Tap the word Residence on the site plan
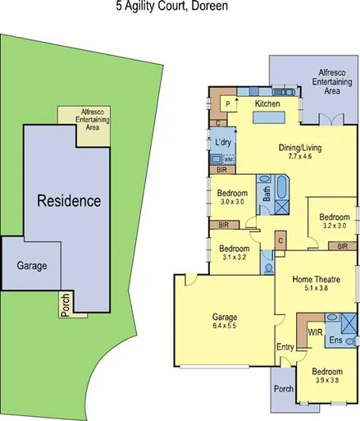tap(68, 200)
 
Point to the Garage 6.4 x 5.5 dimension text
tap(224, 322)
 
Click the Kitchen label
tap(267, 105)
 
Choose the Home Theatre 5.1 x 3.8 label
tap(317, 283)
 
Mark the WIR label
tap(314, 332)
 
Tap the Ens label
tap(335, 339)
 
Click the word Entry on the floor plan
tap(285, 348)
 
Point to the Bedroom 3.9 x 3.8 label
tap(330, 375)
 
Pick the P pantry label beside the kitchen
tap(227, 105)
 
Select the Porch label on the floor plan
tap(284, 389)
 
